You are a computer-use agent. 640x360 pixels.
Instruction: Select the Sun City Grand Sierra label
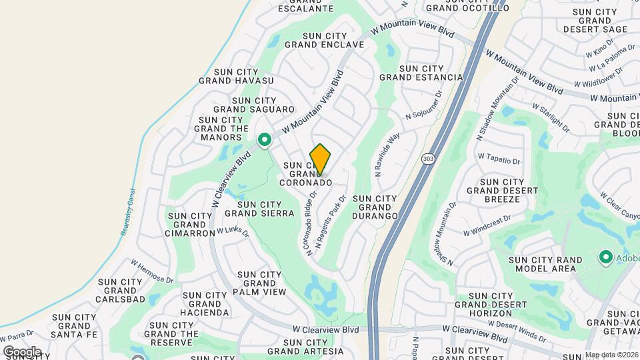point(259,209)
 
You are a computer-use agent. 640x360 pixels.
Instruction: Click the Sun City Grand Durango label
point(375,207)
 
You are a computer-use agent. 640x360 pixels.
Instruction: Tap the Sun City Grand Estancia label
point(421,73)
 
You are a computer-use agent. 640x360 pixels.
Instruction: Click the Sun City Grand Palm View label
point(259,283)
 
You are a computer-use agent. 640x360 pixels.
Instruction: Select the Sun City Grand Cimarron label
point(191,225)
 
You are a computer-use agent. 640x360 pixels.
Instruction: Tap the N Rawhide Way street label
point(387,154)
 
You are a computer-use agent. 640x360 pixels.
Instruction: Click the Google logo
point(22,351)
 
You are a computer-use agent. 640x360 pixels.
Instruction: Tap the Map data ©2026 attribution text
point(611,355)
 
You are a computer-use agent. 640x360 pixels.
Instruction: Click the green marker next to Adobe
point(606,257)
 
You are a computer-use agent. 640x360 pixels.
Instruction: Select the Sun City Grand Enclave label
point(324,41)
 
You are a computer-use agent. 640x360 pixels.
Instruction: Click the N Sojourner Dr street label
point(424,107)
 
